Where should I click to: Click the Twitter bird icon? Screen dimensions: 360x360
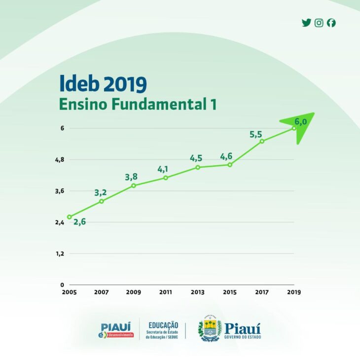click(306, 23)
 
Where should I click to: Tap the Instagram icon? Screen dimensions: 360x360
click(319, 23)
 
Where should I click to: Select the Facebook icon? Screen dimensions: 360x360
click(331, 23)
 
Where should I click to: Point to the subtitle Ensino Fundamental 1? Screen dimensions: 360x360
click(138, 105)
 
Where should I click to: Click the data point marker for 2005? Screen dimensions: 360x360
click(70, 217)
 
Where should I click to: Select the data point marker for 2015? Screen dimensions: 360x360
click(230, 165)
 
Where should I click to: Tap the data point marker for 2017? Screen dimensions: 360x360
click(262, 141)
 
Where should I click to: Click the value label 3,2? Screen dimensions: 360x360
click(101, 192)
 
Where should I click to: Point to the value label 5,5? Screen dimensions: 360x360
click(255, 134)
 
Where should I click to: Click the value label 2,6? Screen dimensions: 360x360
click(80, 221)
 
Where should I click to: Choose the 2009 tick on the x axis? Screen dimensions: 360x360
click(133, 292)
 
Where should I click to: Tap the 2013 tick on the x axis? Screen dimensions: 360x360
click(197, 292)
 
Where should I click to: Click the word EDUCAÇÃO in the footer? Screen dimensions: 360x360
click(163, 325)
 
